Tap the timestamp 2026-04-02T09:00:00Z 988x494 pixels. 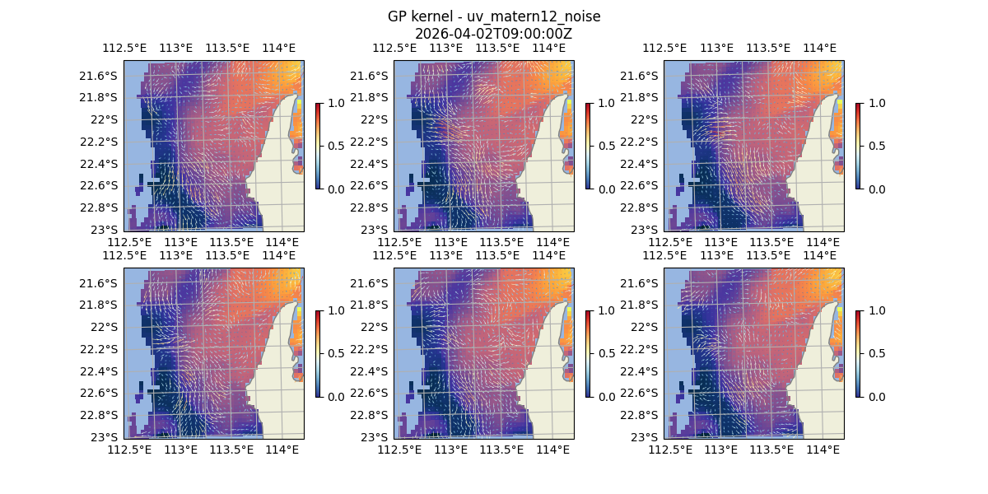pos(493,34)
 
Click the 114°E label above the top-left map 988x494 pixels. pos(278,49)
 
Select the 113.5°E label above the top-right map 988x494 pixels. pos(768,49)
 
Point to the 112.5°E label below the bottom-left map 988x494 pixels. pos(130,450)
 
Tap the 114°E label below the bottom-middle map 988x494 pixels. pos(552,450)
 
